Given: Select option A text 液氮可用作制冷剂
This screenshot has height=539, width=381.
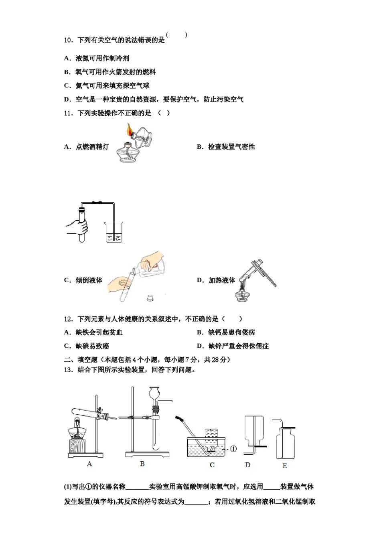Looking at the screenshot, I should pos(102,59).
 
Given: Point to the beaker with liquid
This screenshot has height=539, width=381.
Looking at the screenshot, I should pos(114,232).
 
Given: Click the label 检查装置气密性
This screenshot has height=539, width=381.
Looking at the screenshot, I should pos(231,147).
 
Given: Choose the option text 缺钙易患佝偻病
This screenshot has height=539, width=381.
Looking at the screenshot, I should pos(231,332).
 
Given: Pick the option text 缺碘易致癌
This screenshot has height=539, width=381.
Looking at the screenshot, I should pos(92,346).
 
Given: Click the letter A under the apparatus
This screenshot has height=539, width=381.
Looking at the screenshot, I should pos(89,464).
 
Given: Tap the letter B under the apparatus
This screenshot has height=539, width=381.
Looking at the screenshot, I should pos(142,464).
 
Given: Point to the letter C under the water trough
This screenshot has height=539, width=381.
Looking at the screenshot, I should pos(212,465).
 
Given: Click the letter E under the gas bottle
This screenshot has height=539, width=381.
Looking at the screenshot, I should pos(285,466).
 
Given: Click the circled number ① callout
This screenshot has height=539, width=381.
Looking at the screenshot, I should pos(233,448).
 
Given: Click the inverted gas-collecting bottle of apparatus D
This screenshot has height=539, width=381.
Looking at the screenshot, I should pos(254,429).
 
